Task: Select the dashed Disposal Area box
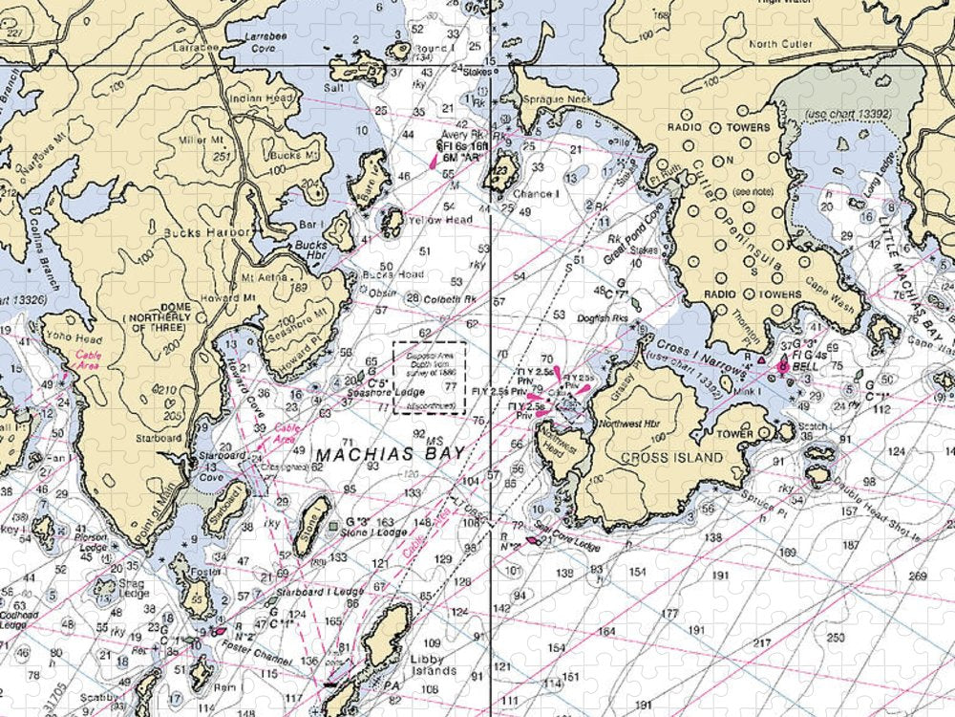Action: click(430, 378)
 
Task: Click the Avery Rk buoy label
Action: click(461, 135)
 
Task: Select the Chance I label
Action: click(536, 193)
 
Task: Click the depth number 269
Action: click(918, 576)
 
